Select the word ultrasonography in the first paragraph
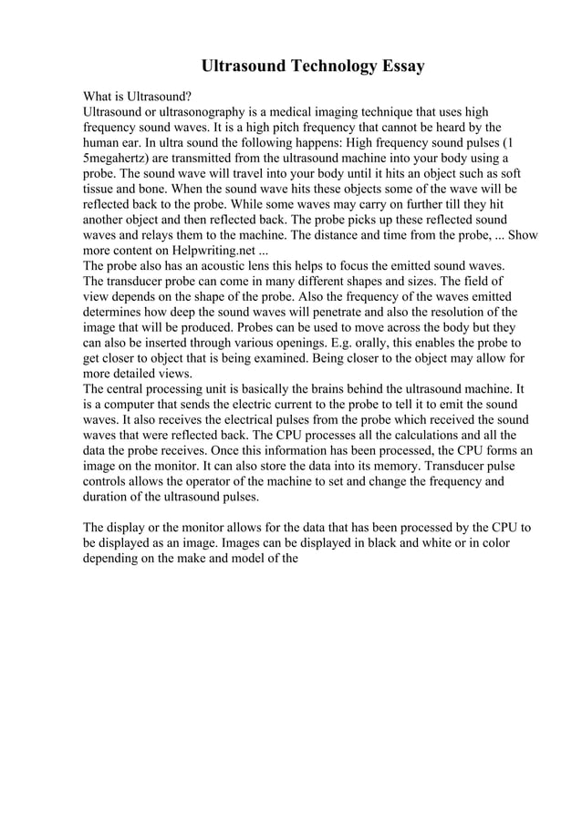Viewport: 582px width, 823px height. point(201,110)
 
